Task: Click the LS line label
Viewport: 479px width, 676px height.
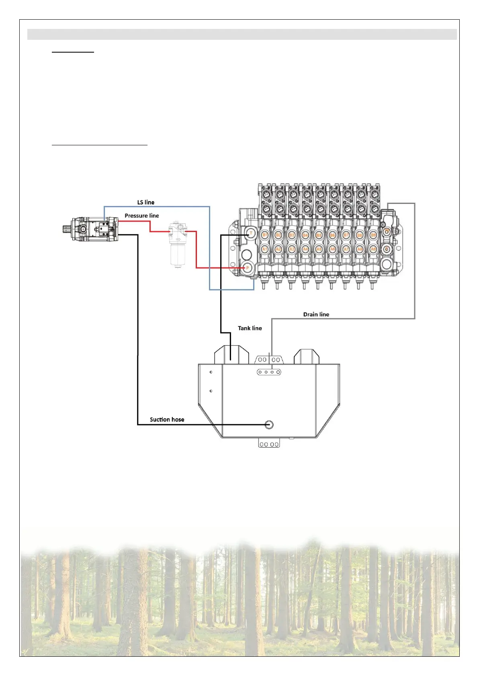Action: point(146,202)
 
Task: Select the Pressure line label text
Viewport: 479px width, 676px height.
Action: point(141,216)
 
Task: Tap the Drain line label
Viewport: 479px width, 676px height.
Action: point(316,314)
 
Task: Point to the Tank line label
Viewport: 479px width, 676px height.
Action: point(250,328)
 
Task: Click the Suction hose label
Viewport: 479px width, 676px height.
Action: point(167,419)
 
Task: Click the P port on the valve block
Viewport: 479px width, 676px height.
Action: point(248,268)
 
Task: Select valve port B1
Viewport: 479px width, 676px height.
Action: point(265,235)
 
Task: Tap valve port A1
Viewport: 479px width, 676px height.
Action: point(265,249)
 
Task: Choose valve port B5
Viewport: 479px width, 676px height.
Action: point(319,235)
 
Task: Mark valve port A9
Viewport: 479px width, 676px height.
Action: point(373,249)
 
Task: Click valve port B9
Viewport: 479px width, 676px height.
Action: point(373,235)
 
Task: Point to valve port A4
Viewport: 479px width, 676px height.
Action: point(305,249)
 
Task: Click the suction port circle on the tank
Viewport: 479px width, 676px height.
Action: point(269,424)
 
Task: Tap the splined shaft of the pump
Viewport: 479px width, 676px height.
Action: point(67,229)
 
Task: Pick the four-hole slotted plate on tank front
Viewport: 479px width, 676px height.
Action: point(269,372)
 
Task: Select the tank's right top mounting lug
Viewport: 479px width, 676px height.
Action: point(306,356)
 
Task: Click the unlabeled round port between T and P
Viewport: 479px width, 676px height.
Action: point(246,255)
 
